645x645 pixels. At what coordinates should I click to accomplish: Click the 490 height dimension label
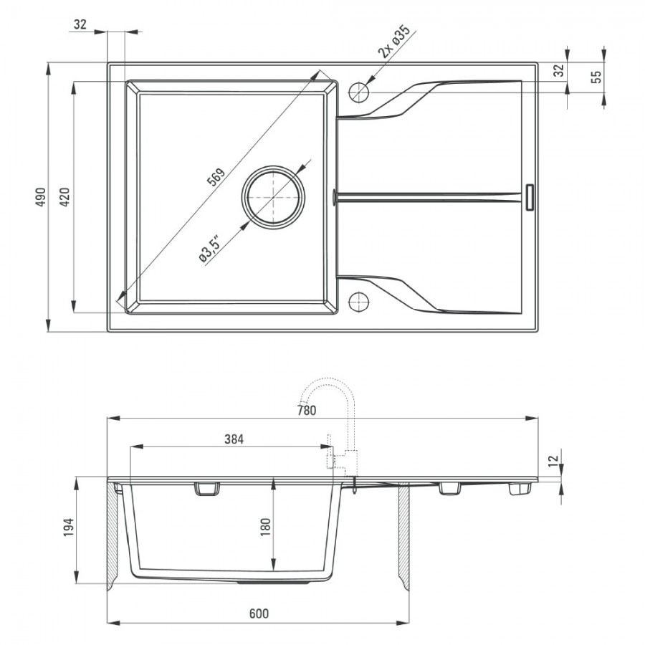40,196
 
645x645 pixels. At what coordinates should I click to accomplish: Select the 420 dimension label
64,196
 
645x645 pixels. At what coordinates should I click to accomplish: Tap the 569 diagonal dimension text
216,177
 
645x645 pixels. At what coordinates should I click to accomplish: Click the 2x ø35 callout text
394,41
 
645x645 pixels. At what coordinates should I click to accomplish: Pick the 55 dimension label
596,77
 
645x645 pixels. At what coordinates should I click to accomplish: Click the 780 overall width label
307,410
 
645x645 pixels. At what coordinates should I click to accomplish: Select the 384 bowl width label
234,439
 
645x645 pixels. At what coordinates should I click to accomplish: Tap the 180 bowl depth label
265,527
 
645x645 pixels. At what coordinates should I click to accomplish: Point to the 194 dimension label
68,527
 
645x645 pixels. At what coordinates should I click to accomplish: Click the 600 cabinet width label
259,613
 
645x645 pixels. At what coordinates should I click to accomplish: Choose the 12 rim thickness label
555,459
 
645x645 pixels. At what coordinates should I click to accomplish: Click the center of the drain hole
274,198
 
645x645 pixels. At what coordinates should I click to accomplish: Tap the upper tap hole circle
359,92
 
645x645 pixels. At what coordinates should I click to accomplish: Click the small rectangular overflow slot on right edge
530,197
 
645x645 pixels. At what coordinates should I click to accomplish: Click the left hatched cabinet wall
113,535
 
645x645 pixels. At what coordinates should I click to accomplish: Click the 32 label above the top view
80,24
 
